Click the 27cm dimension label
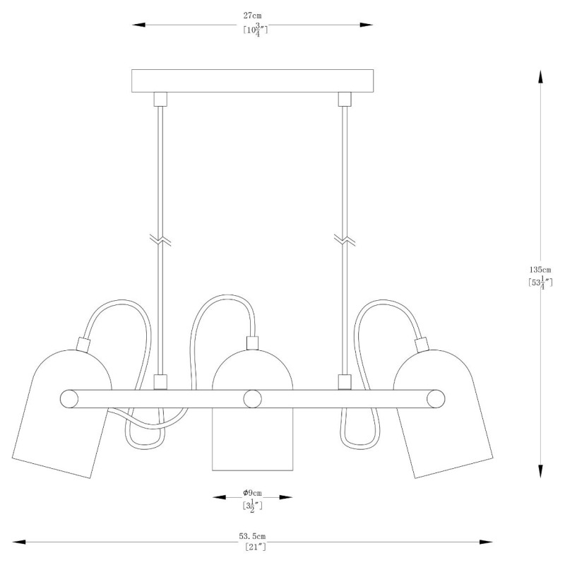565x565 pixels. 252,16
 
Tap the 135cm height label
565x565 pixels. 540,270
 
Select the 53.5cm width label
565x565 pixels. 252,536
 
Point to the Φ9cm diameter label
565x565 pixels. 252,493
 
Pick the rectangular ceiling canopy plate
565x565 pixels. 252,81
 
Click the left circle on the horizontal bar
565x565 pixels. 69,399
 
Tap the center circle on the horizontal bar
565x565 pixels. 252,399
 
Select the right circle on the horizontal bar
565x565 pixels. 436,399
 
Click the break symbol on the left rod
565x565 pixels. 160,240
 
